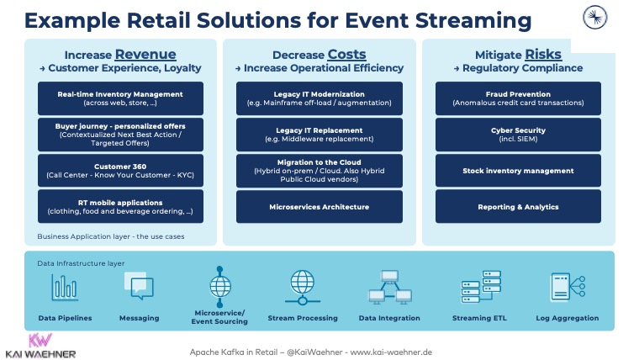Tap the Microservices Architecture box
pos(319,206)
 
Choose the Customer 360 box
pos(121,171)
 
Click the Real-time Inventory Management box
pos(121,98)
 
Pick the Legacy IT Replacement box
pos(319,135)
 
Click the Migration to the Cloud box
pos(319,171)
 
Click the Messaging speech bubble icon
pos(141,289)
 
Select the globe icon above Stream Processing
pos(302,286)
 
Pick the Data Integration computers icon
pos(390,288)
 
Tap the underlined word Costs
pos(346,55)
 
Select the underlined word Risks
pos(543,55)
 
